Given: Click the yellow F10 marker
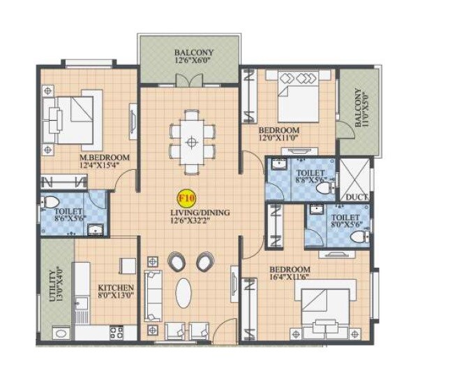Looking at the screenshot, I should pos(187,198).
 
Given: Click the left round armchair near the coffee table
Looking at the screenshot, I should pos(177,262).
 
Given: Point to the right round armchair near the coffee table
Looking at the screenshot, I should pos(205,262).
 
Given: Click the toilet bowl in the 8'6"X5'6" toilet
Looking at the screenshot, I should pos(49,203).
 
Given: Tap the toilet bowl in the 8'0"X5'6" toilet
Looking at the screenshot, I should pos(358,238).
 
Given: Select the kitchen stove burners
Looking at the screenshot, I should pos(116,333).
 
